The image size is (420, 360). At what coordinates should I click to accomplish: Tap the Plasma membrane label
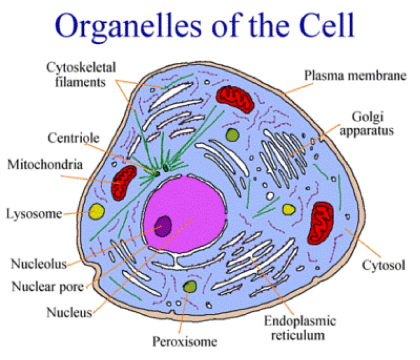355,75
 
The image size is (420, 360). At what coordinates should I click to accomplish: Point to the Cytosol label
384,265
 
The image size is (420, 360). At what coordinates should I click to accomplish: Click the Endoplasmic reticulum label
299,328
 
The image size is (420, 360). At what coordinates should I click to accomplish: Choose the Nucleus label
69,312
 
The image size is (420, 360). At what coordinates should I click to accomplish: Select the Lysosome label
33,214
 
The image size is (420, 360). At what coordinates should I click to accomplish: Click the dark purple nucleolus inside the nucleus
163,225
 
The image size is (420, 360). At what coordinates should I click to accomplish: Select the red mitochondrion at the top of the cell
233,97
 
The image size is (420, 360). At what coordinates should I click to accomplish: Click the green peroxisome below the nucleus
189,287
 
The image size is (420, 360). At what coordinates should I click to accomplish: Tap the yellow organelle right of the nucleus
288,209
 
